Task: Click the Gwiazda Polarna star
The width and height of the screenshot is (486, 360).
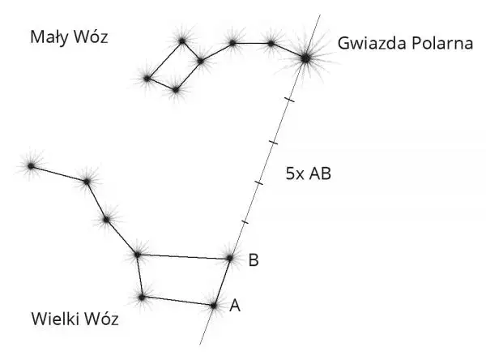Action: point(305,57)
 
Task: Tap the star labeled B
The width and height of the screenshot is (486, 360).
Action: point(229,259)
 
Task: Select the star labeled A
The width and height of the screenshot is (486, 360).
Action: point(214,306)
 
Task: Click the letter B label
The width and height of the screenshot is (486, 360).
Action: point(254,260)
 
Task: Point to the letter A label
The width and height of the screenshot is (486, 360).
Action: point(235,306)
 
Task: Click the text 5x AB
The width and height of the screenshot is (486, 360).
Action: point(309,174)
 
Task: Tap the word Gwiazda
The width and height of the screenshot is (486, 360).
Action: point(369,42)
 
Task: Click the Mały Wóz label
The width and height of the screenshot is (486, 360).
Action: point(69,37)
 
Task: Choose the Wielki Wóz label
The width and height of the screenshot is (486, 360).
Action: point(75,319)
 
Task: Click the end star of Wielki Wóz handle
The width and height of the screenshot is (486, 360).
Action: point(31,166)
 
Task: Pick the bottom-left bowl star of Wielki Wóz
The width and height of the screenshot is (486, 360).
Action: point(142,298)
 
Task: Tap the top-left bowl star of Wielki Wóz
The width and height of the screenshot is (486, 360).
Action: point(137,255)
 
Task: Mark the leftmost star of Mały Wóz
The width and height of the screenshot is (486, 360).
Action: point(147,78)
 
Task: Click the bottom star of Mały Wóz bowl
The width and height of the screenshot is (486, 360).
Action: point(175,89)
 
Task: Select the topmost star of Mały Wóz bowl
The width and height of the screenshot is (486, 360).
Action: point(182,40)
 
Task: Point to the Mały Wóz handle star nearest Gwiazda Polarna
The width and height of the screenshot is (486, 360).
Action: point(271,42)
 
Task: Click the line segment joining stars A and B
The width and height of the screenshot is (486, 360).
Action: point(222,282)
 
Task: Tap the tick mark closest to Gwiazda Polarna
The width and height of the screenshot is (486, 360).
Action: point(289,100)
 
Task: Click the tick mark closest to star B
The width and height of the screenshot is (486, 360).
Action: point(244,221)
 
